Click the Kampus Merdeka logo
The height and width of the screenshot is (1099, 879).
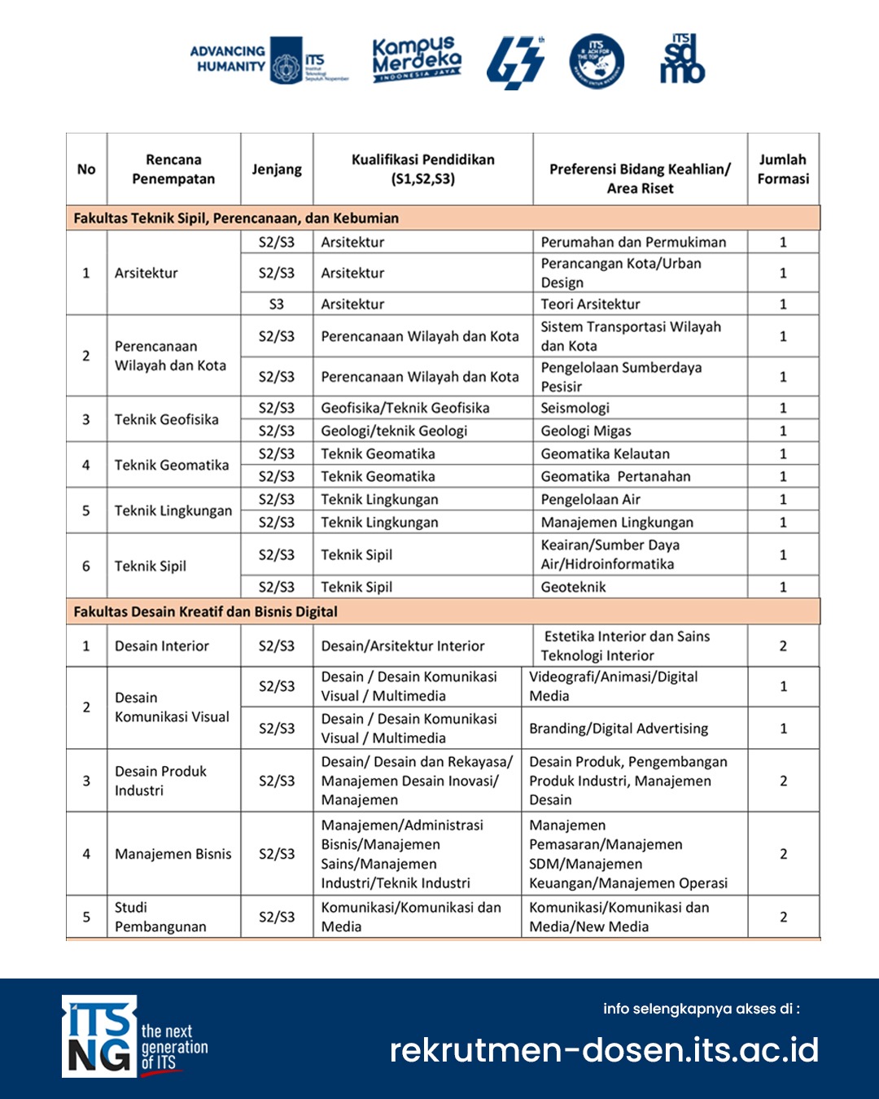click(417, 60)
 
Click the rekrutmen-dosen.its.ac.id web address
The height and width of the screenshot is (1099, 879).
click(604, 1050)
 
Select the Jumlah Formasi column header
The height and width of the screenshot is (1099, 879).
click(783, 169)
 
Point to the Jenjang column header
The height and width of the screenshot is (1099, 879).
click(277, 169)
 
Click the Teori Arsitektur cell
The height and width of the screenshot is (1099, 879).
click(591, 304)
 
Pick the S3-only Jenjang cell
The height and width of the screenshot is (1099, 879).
click(277, 304)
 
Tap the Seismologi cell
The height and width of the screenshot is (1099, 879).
click(575, 408)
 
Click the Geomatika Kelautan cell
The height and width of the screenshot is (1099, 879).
click(606, 453)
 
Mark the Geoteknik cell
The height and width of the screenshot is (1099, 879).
click(574, 587)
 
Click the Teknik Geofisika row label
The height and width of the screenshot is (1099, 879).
click(167, 419)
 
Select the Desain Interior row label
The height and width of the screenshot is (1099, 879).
click(162, 646)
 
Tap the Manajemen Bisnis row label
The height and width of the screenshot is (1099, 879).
click(173, 854)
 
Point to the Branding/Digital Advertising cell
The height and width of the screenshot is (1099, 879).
click(619, 729)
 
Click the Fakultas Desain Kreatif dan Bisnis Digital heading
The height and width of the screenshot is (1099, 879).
click(205, 611)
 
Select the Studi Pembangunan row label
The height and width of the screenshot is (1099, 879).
click(160, 917)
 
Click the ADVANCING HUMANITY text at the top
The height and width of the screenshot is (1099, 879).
click(228, 59)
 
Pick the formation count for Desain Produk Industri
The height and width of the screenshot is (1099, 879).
click(783, 781)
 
